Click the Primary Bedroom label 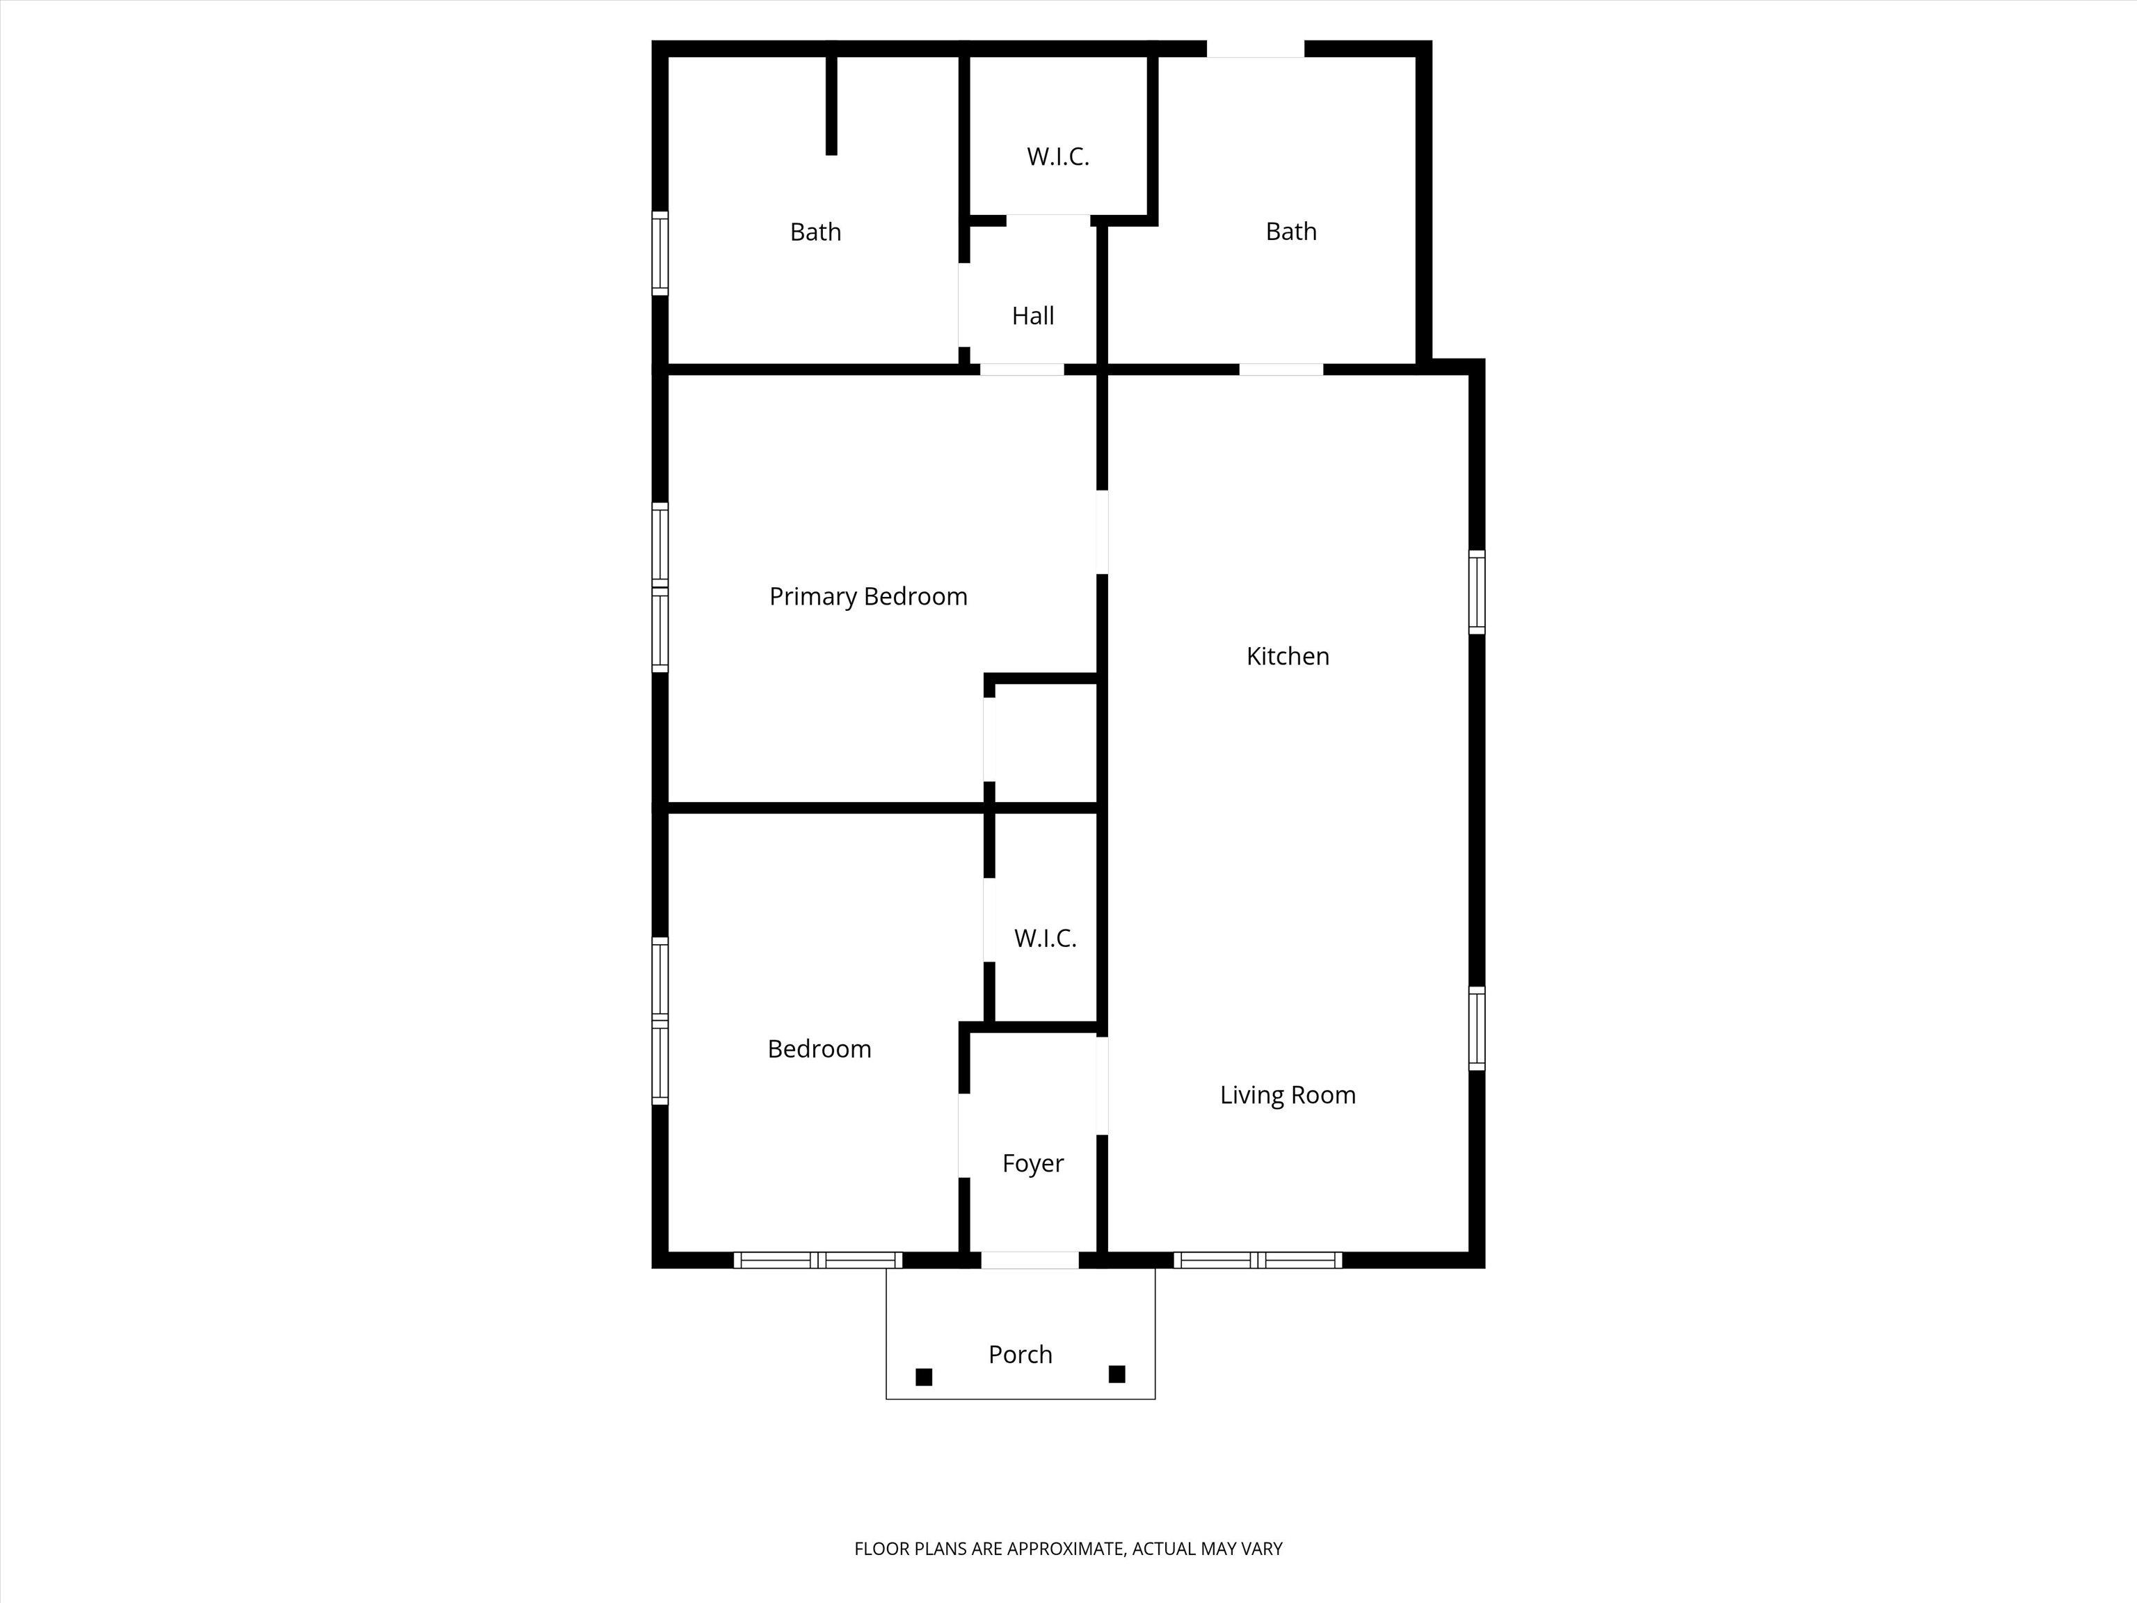point(867,597)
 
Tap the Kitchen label point(1288,656)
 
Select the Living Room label point(1288,1094)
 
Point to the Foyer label point(1033,1163)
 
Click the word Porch point(1021,1355)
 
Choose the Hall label point(1033,316)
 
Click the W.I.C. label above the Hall point(1058,157)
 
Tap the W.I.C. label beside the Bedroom point(1046,939)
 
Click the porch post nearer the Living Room point(1116,1374)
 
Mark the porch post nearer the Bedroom point(924,1377)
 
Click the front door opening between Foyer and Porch point(1030,1260)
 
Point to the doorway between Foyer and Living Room point(1103,1085)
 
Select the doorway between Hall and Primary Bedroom point(1022,369)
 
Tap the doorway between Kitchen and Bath point(1281,369)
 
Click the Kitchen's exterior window point(1477,592)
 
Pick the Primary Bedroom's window point(660,587)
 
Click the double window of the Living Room point(1258,1260)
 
